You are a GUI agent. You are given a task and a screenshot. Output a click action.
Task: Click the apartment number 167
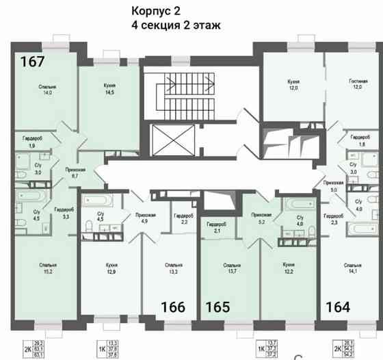[33, 62]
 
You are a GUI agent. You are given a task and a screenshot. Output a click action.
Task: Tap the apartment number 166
[172, 307]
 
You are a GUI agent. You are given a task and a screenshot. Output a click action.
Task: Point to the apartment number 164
[338, 307]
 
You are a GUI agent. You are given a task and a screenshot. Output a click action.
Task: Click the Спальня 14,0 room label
[47, 91]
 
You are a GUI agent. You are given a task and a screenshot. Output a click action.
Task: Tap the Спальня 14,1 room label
[353, 268]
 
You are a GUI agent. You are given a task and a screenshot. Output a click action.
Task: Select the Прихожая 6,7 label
[75, 172]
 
